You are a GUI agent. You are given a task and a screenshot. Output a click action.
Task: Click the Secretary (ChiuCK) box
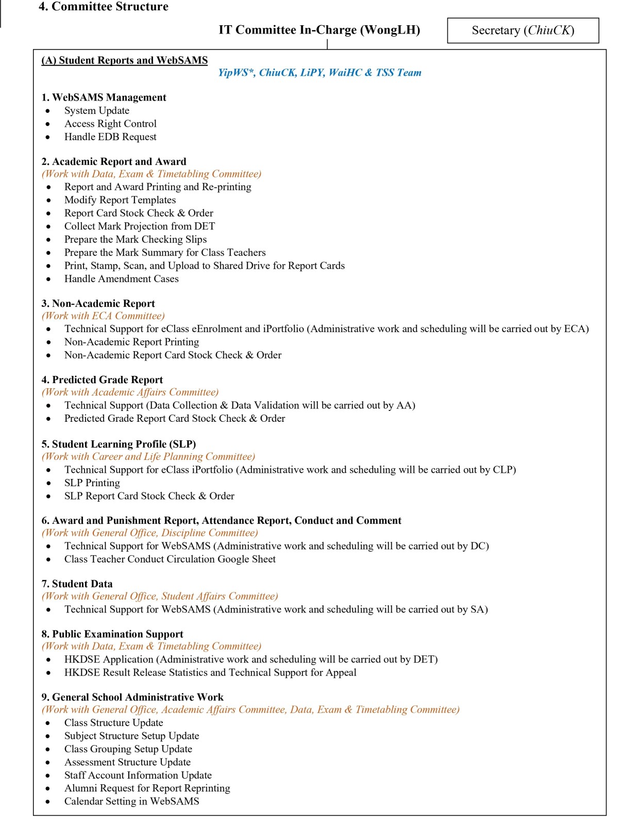coord(523,30)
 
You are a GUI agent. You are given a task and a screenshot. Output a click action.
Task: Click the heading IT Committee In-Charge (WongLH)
coord(319,30)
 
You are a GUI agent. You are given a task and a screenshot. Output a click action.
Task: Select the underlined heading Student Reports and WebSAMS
coord(125,60)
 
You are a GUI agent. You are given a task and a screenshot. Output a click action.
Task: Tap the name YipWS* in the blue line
coord(236,73)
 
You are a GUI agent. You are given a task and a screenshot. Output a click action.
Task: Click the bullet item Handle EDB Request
coord(110,137)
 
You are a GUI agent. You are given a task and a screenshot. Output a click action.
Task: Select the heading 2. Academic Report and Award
coord(114,161)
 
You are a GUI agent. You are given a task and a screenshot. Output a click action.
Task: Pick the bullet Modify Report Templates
coord(120,200)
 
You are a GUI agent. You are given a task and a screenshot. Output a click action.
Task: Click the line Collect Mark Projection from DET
coord(140,226)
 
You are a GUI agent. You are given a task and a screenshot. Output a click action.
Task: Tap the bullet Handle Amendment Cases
coord(122,279)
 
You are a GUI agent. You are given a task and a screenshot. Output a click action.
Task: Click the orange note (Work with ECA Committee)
coord(104,316)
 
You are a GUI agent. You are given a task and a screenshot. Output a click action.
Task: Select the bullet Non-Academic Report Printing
coord(131,342)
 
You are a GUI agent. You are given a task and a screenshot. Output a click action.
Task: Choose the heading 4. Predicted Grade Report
coord(102,380)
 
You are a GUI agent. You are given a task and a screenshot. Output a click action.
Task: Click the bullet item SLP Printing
coord(92,483)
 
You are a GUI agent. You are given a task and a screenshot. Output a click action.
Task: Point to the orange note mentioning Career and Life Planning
coord(148,457)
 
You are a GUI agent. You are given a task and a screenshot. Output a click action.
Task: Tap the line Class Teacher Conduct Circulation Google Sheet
coord(170,559)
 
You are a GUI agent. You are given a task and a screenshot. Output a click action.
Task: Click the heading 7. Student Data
coord(77,584)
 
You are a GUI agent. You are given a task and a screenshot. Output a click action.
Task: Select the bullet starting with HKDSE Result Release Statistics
coord(210,672)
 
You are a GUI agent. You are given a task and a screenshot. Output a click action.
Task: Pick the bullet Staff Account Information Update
coord(138,775)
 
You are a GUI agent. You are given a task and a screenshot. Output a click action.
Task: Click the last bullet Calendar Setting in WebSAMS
coord(132,801)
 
